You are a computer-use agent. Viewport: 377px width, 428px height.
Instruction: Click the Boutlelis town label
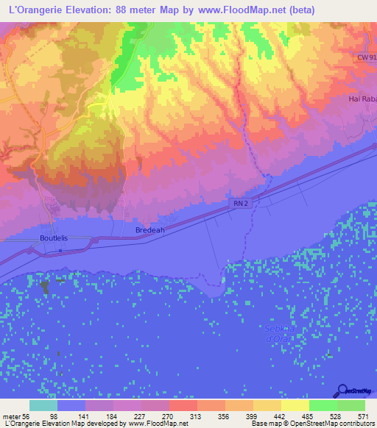click(x=54, y=238)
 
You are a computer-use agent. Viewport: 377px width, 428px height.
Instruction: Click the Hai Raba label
click(x=362, y=98)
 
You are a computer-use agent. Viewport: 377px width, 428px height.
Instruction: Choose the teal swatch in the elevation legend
click(x=43, y=405)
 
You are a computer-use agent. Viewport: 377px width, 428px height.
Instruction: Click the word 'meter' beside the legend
click(x=13, y=415)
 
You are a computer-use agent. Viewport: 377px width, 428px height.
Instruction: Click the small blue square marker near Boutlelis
click(x=60, y=251)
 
